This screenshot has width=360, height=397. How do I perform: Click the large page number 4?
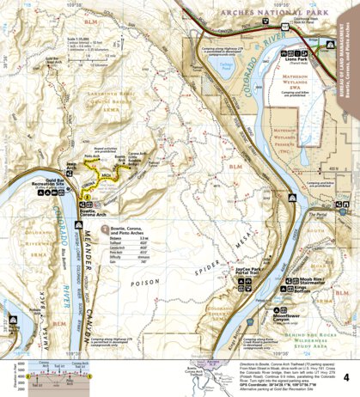pyautogui.click(x=346, y=353)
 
